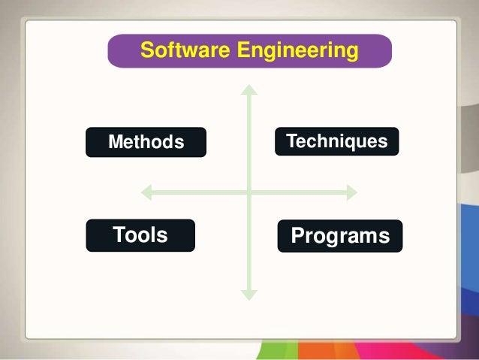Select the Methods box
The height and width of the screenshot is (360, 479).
[146, 142]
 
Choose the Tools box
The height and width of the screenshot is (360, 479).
[140, 235]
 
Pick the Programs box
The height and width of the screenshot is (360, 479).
[340, 236]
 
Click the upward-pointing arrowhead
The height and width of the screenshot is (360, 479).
[249, 89]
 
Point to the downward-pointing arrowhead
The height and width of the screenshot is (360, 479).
[249, 295]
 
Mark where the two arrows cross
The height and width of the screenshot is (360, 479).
[249, 193]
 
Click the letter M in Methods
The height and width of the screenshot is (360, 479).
[116, 142]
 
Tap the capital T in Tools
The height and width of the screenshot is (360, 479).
[118, 235]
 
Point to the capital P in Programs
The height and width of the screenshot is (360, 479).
[297, 236]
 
